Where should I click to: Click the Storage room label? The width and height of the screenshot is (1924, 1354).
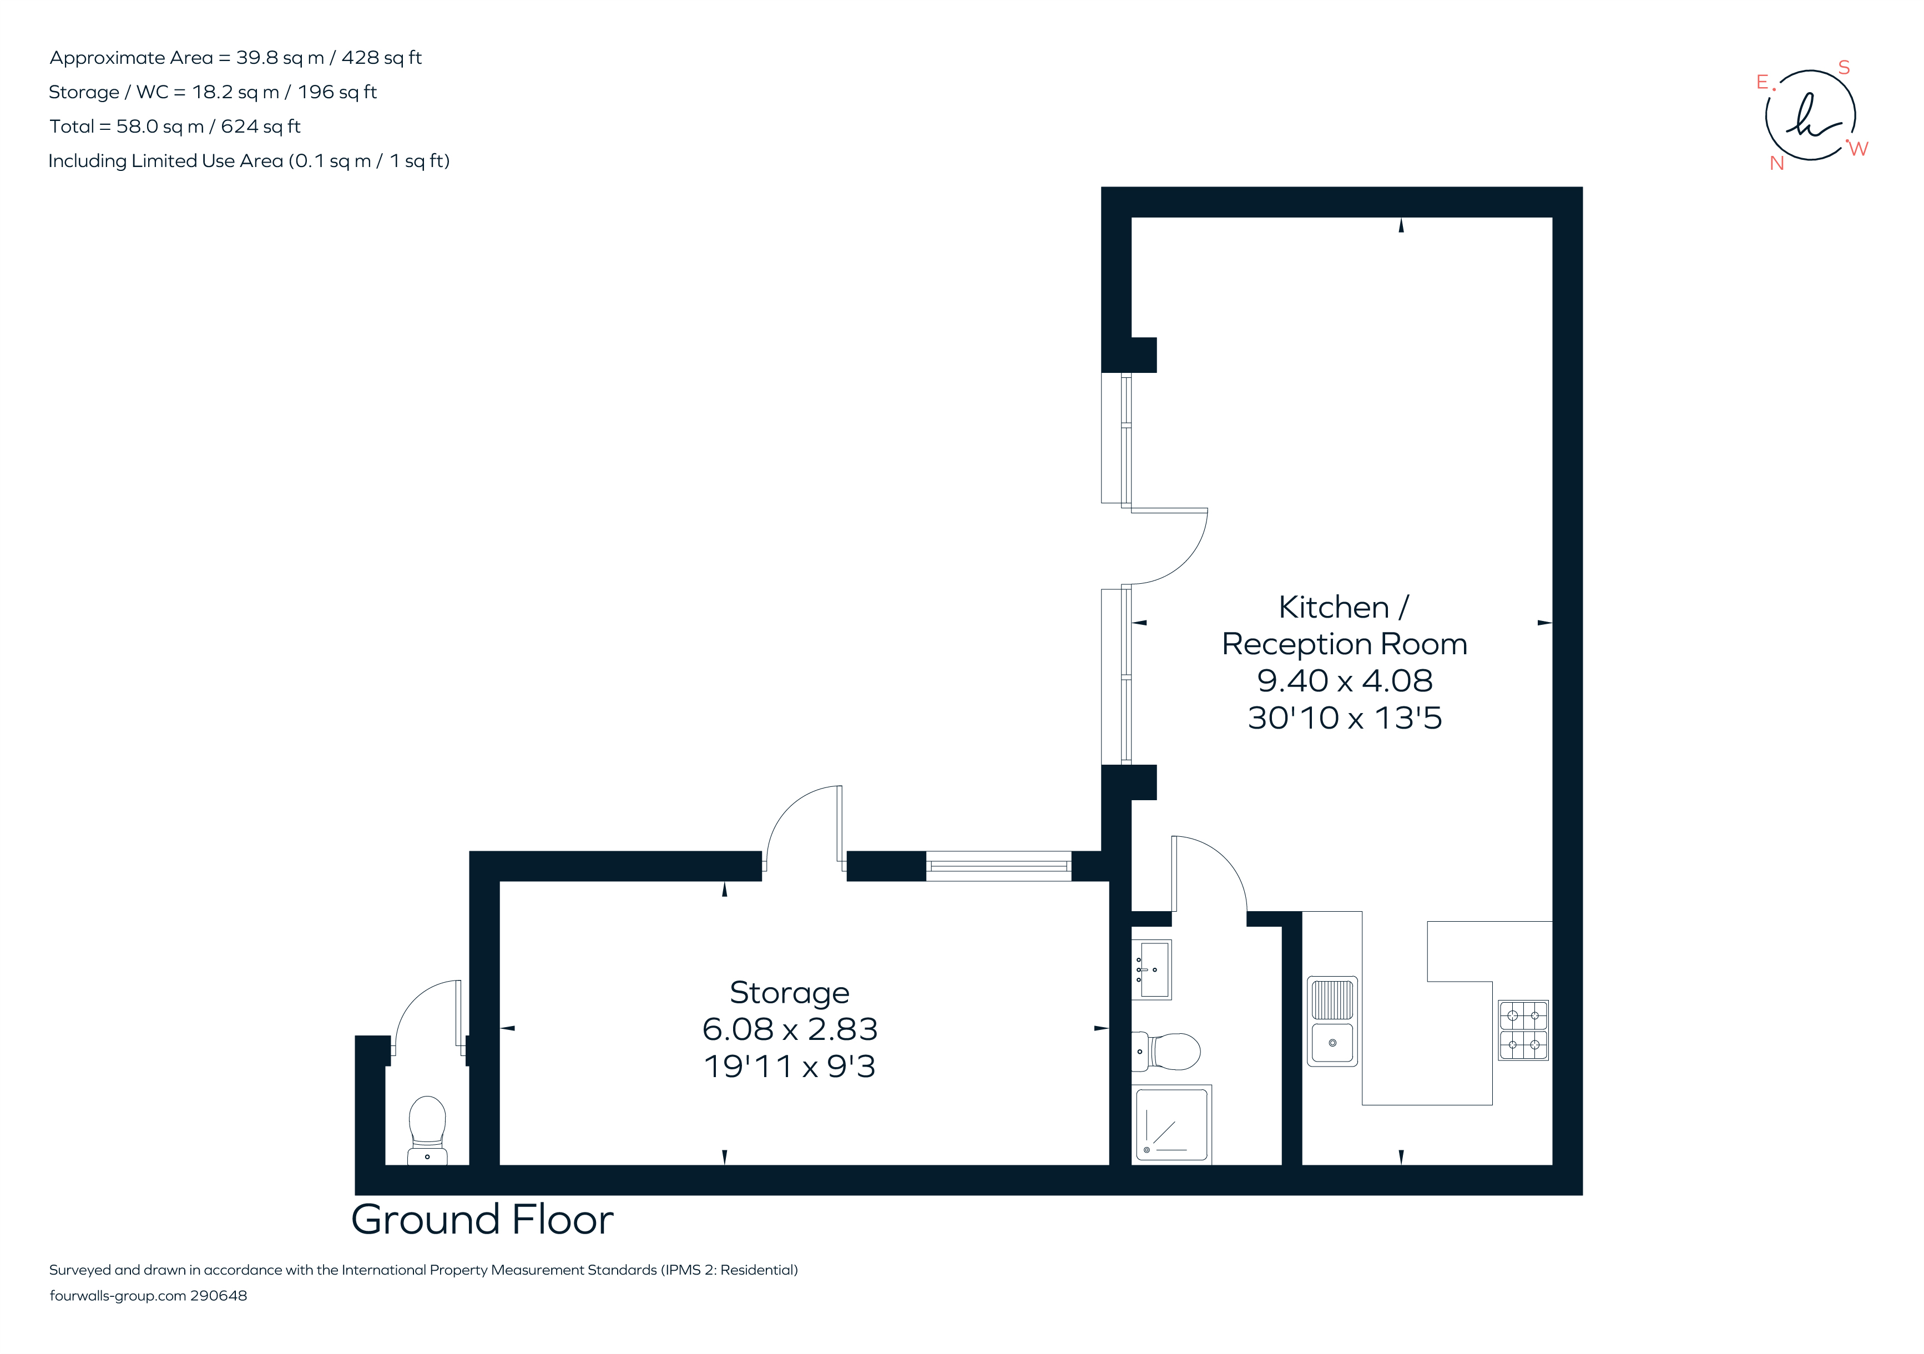(x=789, y=992)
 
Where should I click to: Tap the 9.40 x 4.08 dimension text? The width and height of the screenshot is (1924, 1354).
(x=1344, y=680)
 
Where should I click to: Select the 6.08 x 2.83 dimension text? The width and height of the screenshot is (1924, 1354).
(x=789, y=1029)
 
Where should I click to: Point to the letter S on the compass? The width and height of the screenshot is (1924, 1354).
(x=1844, y=68)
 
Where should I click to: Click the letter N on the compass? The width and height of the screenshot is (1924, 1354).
(x=1776, y=163)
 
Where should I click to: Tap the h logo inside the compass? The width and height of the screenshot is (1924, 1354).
(x=1810, y=117)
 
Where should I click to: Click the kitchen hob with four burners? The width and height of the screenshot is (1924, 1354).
(x=1523, y=1030)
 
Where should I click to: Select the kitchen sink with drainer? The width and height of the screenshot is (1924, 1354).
(x=1331, y=1020)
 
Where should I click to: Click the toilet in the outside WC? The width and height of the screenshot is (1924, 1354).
(x=427, y=1127)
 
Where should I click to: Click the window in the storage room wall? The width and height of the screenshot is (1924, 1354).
(x=998, y=866)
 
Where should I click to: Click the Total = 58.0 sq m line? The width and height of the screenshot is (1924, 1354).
(x=174, y=127)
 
